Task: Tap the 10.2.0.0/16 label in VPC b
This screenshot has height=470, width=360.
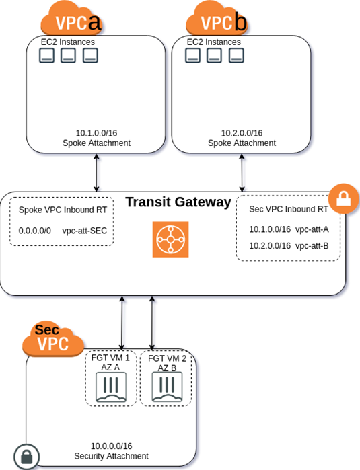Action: point(242,133)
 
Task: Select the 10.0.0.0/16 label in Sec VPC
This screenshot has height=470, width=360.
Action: point(111,446)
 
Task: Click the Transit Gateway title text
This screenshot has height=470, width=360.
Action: point(178,202)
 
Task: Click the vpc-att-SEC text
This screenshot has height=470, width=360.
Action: point(83,231)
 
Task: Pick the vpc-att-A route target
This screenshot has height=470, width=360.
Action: point(312,229)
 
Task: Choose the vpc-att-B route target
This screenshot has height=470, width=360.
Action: point(312,246)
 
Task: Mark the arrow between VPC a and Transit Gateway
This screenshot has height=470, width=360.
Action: point(98,172)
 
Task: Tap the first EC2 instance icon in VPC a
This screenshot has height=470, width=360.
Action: point(46,56)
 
